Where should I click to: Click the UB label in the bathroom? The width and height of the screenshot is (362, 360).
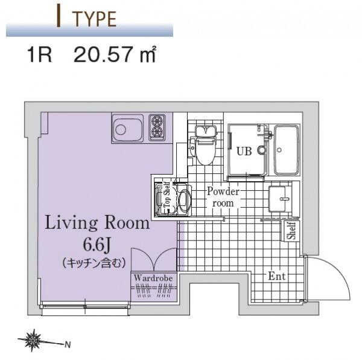point(244,152)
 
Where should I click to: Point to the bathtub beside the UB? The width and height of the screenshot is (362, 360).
point(287,150)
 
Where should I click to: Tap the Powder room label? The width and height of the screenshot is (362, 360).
point(223,198)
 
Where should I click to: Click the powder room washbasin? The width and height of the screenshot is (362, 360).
point(279,199)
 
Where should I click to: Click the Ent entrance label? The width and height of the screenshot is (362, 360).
point(276,276)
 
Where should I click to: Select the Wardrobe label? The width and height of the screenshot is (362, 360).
point(153,278)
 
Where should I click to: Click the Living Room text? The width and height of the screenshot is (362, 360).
point(97,223)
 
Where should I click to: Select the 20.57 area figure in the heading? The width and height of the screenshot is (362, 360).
point(104,54)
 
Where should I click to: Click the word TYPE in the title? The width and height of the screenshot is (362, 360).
point(95,19)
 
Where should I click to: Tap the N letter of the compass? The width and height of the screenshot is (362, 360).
point(68,345)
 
